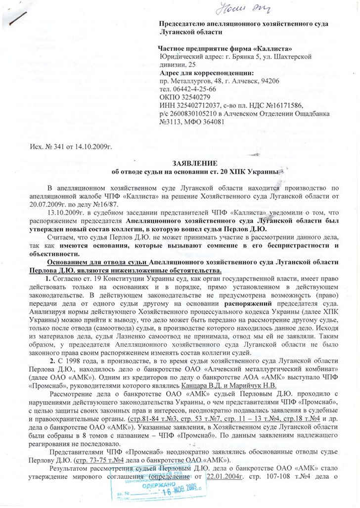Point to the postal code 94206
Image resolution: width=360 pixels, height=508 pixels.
(x=270, y=81)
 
